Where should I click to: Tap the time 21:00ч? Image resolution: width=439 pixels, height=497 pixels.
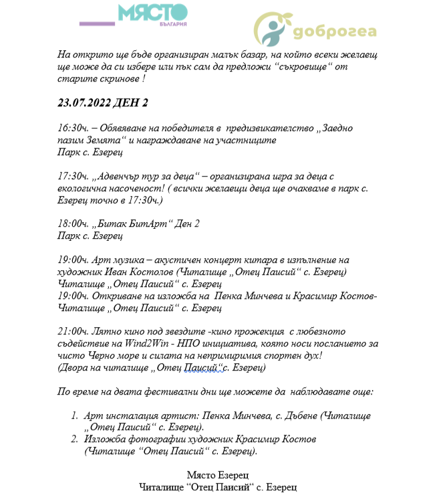(72, 330)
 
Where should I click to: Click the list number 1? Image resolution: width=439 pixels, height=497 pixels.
(74, 415)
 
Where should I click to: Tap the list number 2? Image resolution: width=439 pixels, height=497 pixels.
(74, 439)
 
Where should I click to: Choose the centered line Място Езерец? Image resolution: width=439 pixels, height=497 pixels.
(218, 475)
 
